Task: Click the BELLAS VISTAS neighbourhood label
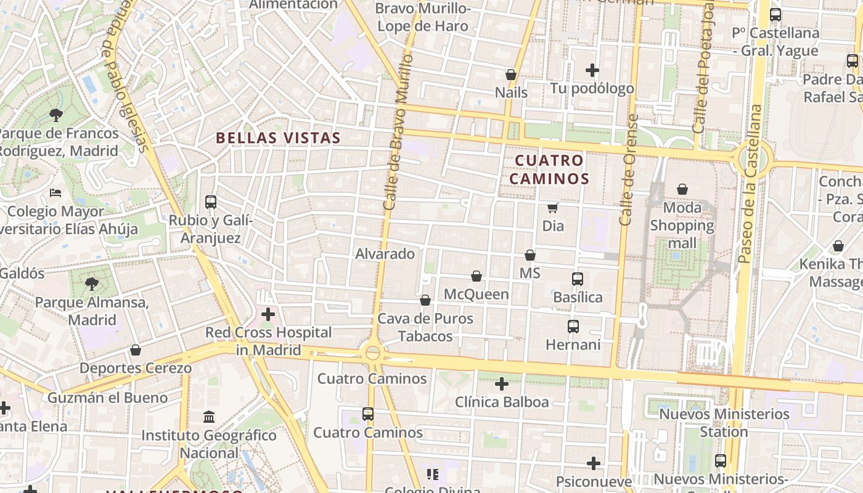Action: tap(278, 138)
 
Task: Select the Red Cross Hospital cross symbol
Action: tap(268, 314)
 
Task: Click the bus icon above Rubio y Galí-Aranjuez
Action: tap(211, 202)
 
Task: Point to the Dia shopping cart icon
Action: tap(553, 208)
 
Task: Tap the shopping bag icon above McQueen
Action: tap(476, 276)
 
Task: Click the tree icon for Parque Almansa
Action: tap(92, 284)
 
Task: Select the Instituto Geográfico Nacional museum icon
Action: tap(209, 417)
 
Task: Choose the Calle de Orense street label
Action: tap(628, 169)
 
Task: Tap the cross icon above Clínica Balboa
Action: tap(502, 384)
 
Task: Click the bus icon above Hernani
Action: tap(573, 327)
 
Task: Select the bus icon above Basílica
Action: tap(578, 279)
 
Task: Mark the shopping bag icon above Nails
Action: tap(511, 75)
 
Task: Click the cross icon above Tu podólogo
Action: tap(592, 70)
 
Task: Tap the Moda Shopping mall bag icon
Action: tap(682, 189)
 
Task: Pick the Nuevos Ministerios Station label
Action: tap(724, 422)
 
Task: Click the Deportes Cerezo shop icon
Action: tap(136, 350)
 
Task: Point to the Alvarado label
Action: tap(385, 253)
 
